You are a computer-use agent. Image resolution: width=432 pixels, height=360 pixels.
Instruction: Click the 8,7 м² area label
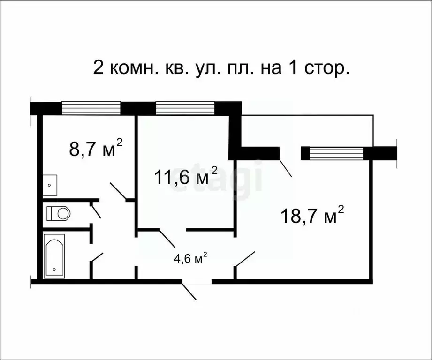[96, 149]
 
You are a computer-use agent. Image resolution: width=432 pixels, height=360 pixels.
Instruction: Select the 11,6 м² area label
[186, 177]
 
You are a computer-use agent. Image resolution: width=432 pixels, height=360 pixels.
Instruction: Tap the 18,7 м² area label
[312, 215]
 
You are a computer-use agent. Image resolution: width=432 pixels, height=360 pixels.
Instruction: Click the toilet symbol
[59, 214]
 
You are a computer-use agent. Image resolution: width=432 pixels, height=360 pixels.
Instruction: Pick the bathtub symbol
[54, 256]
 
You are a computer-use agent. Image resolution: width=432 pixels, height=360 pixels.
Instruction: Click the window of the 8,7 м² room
[91, 108]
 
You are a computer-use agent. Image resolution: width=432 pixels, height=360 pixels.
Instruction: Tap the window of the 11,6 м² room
[184, 108]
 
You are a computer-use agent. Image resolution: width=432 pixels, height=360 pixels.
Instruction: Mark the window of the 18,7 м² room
[336, 153]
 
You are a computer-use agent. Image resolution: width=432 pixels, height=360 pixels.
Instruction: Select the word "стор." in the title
[328, 69]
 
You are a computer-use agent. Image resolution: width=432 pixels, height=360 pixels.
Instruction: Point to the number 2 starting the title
[99, 68]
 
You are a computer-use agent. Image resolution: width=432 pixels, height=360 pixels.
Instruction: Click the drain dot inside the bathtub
[54, 270]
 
